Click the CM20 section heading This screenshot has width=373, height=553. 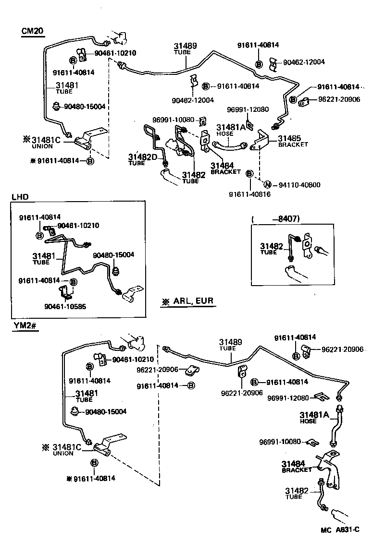[33, 31]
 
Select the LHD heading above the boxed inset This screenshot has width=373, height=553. [20, 197]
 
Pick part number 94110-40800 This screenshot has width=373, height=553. [299, 185]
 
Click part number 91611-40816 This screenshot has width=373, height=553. [249, 194]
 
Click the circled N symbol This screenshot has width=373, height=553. [267, 185]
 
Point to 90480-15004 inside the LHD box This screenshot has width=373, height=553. [113, 254]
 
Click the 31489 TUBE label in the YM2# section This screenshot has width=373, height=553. [231, 345]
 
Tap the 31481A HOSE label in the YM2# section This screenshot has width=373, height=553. [314, 417]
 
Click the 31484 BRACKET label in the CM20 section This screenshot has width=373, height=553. [225, 168]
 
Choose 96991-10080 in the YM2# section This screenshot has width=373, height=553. [280, 442]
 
